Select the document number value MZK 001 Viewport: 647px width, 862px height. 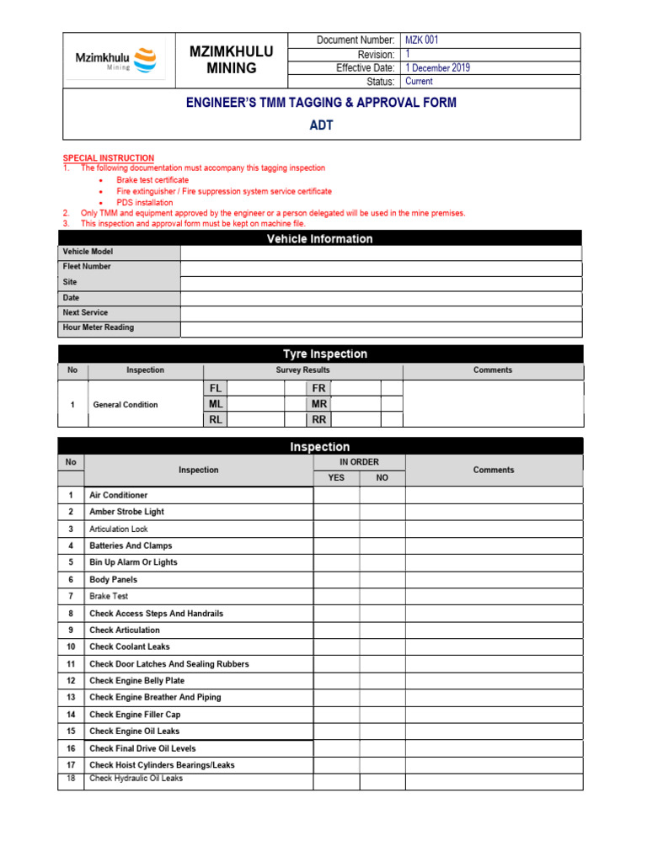(x=422, y=40)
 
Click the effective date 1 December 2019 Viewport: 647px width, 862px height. (x=437, y=67)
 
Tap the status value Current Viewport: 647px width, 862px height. (x=419, y=82)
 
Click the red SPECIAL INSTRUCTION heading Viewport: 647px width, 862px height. (x=109, y=158)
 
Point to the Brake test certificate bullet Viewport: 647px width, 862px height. (x=152, y=180)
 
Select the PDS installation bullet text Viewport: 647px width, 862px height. (x=145, y=203)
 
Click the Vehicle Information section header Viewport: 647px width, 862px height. (x=319, y=239)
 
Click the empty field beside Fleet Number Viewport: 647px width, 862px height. (x=380, y=268)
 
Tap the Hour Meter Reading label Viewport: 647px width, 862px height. (x=98, y=327)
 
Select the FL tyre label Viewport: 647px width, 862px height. (x=216, y=389)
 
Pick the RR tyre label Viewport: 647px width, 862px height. (x=318, y=419)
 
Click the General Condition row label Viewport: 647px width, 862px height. (x=125, y=405)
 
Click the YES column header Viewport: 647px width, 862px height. (x=336, y=478)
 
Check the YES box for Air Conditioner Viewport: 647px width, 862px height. (x=336, y=495)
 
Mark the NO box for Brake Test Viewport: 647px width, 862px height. (x=382, y=596)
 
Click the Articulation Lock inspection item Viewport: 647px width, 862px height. (x=119, y=529)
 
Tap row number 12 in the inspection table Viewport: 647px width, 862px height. (x=71, y=680)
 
